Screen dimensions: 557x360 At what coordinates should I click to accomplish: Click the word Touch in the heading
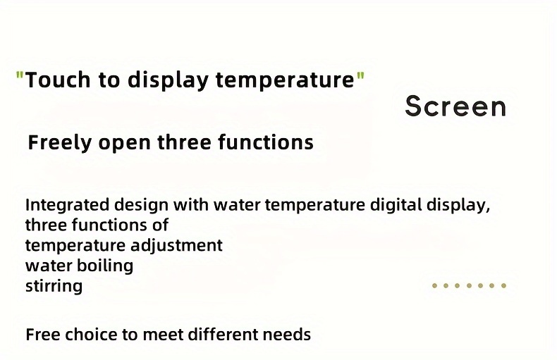(x=58, y=80)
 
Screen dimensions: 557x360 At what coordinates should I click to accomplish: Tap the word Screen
(x=455, y=106)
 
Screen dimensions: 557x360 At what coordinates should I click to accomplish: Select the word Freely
(x=60, y=143)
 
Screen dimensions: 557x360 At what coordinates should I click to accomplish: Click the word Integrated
(x=67, y=206)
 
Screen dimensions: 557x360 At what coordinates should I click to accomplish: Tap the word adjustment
(x=176, y=246)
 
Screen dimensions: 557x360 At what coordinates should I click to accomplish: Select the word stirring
(x=54, y=286)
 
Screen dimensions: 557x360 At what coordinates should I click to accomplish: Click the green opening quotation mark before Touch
(x=20, y=75)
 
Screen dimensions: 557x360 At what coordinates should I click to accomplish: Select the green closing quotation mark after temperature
(x=360, y=75)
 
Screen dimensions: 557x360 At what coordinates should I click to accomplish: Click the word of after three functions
(x=160, y=225)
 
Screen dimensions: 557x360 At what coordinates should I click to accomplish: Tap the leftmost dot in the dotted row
(x=434, y=285)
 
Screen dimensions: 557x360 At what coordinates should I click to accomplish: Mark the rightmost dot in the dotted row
(x=503, y=285)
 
